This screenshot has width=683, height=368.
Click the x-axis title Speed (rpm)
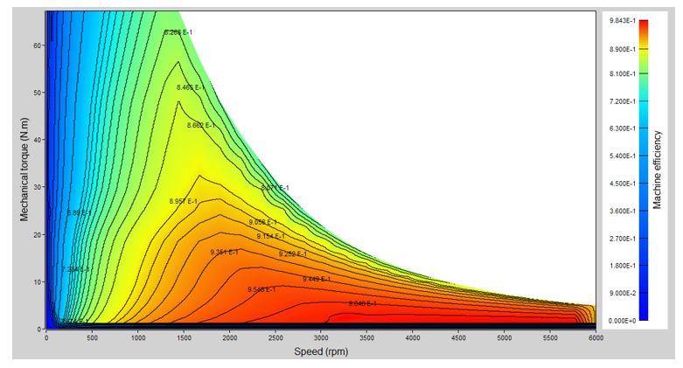pos(321,351)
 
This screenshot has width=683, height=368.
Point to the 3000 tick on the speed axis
pos(321,338)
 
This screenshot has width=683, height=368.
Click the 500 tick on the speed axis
pos(92,338)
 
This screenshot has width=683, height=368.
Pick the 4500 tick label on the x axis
pos(458,338)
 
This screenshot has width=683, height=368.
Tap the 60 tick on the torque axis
pos(38,45)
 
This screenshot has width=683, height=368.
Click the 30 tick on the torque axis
pos(38,187)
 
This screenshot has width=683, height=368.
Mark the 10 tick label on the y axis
pos(38,281)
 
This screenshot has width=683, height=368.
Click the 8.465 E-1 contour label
pos(191,88)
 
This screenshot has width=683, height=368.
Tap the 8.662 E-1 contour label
pos(201,126)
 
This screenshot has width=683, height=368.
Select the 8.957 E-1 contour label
pos(184,202)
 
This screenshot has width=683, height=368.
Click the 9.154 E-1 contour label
pos(270,236)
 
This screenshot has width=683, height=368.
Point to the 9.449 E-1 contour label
pos(317,279)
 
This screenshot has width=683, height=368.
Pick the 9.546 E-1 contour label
pos(261,288)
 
